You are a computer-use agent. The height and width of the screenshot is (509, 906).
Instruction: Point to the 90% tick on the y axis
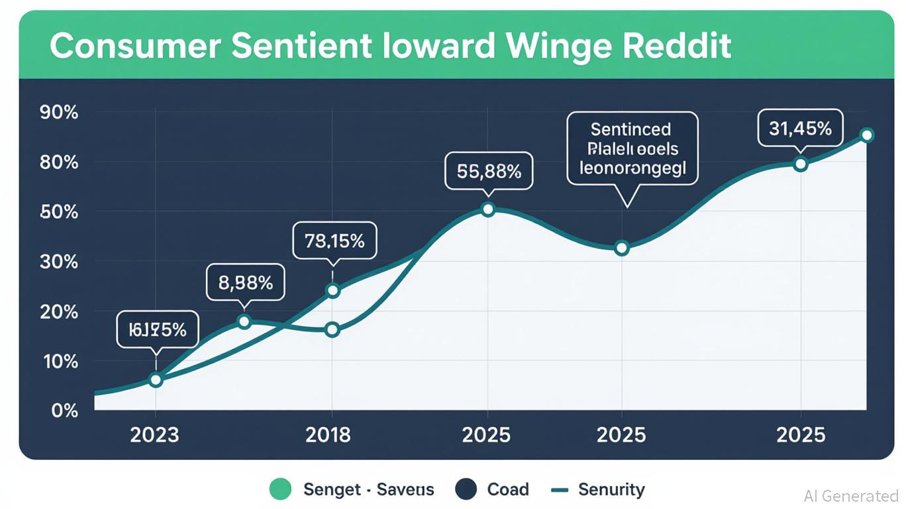(x=59, y=113)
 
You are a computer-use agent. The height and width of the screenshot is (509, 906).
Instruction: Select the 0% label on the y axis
(x=64, y=411)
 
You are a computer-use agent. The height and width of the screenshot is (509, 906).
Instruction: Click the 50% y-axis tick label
(x=59, y=212)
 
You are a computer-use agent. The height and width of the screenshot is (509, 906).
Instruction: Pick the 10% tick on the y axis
(x=59, y=362)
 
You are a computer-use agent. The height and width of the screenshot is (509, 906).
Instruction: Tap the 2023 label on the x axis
(x=155, y=435)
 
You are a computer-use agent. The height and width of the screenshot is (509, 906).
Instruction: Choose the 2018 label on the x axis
(x=328, y=435)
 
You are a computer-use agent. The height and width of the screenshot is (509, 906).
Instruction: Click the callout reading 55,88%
(x=489, y=172)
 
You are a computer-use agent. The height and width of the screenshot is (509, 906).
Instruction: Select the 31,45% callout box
(x=800, y=129)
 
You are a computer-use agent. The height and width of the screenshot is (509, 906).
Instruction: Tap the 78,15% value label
(x=334, y=241)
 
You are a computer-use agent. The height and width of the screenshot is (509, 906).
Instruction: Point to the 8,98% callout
(x=245, y=283)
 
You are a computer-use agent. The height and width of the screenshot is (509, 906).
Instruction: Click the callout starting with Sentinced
(x=632, y=148)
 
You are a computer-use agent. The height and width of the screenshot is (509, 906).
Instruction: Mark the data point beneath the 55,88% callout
(x=487, y=209)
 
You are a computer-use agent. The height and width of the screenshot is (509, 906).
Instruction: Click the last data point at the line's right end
(x=866, y=135)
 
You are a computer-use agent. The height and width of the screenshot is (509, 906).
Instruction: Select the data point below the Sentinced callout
(x=621, y=249)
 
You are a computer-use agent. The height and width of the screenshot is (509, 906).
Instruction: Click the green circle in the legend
(x=281, y=490)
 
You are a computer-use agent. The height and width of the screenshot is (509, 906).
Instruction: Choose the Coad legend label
(x=508, y=490)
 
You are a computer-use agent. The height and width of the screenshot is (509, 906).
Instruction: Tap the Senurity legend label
(x=611, y=490)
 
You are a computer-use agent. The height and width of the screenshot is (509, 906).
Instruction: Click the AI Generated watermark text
(x=850, y=496)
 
